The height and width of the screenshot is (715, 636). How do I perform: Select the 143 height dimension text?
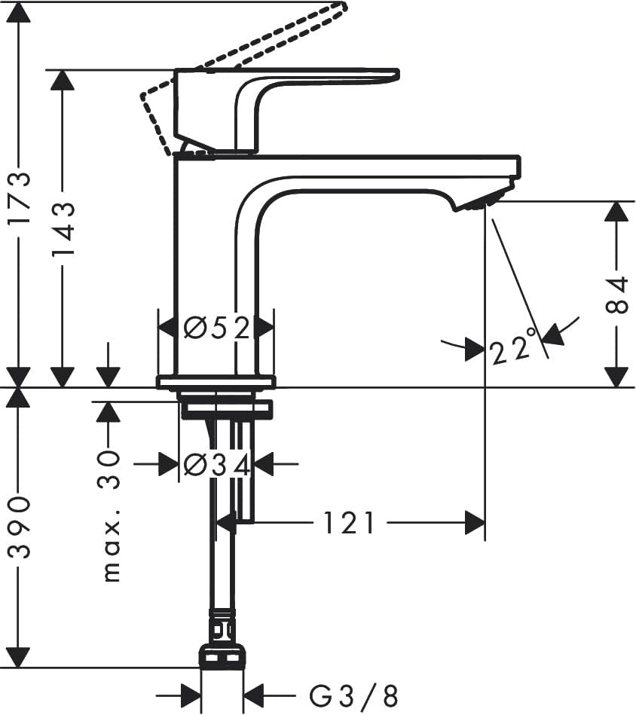tap(63, 231)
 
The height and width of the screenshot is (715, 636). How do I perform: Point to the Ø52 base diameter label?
tap(217, 328)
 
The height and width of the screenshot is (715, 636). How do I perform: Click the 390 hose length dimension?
tap(20, 527)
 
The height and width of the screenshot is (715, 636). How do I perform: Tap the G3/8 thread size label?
tap(353, 695)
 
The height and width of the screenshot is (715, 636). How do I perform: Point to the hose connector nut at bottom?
tap(222, 655)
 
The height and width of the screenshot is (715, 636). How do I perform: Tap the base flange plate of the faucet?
tap(216, 381)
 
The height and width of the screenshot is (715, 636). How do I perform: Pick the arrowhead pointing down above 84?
tap(617, 211)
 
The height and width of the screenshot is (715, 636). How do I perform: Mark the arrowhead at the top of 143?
tap(63, 80)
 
